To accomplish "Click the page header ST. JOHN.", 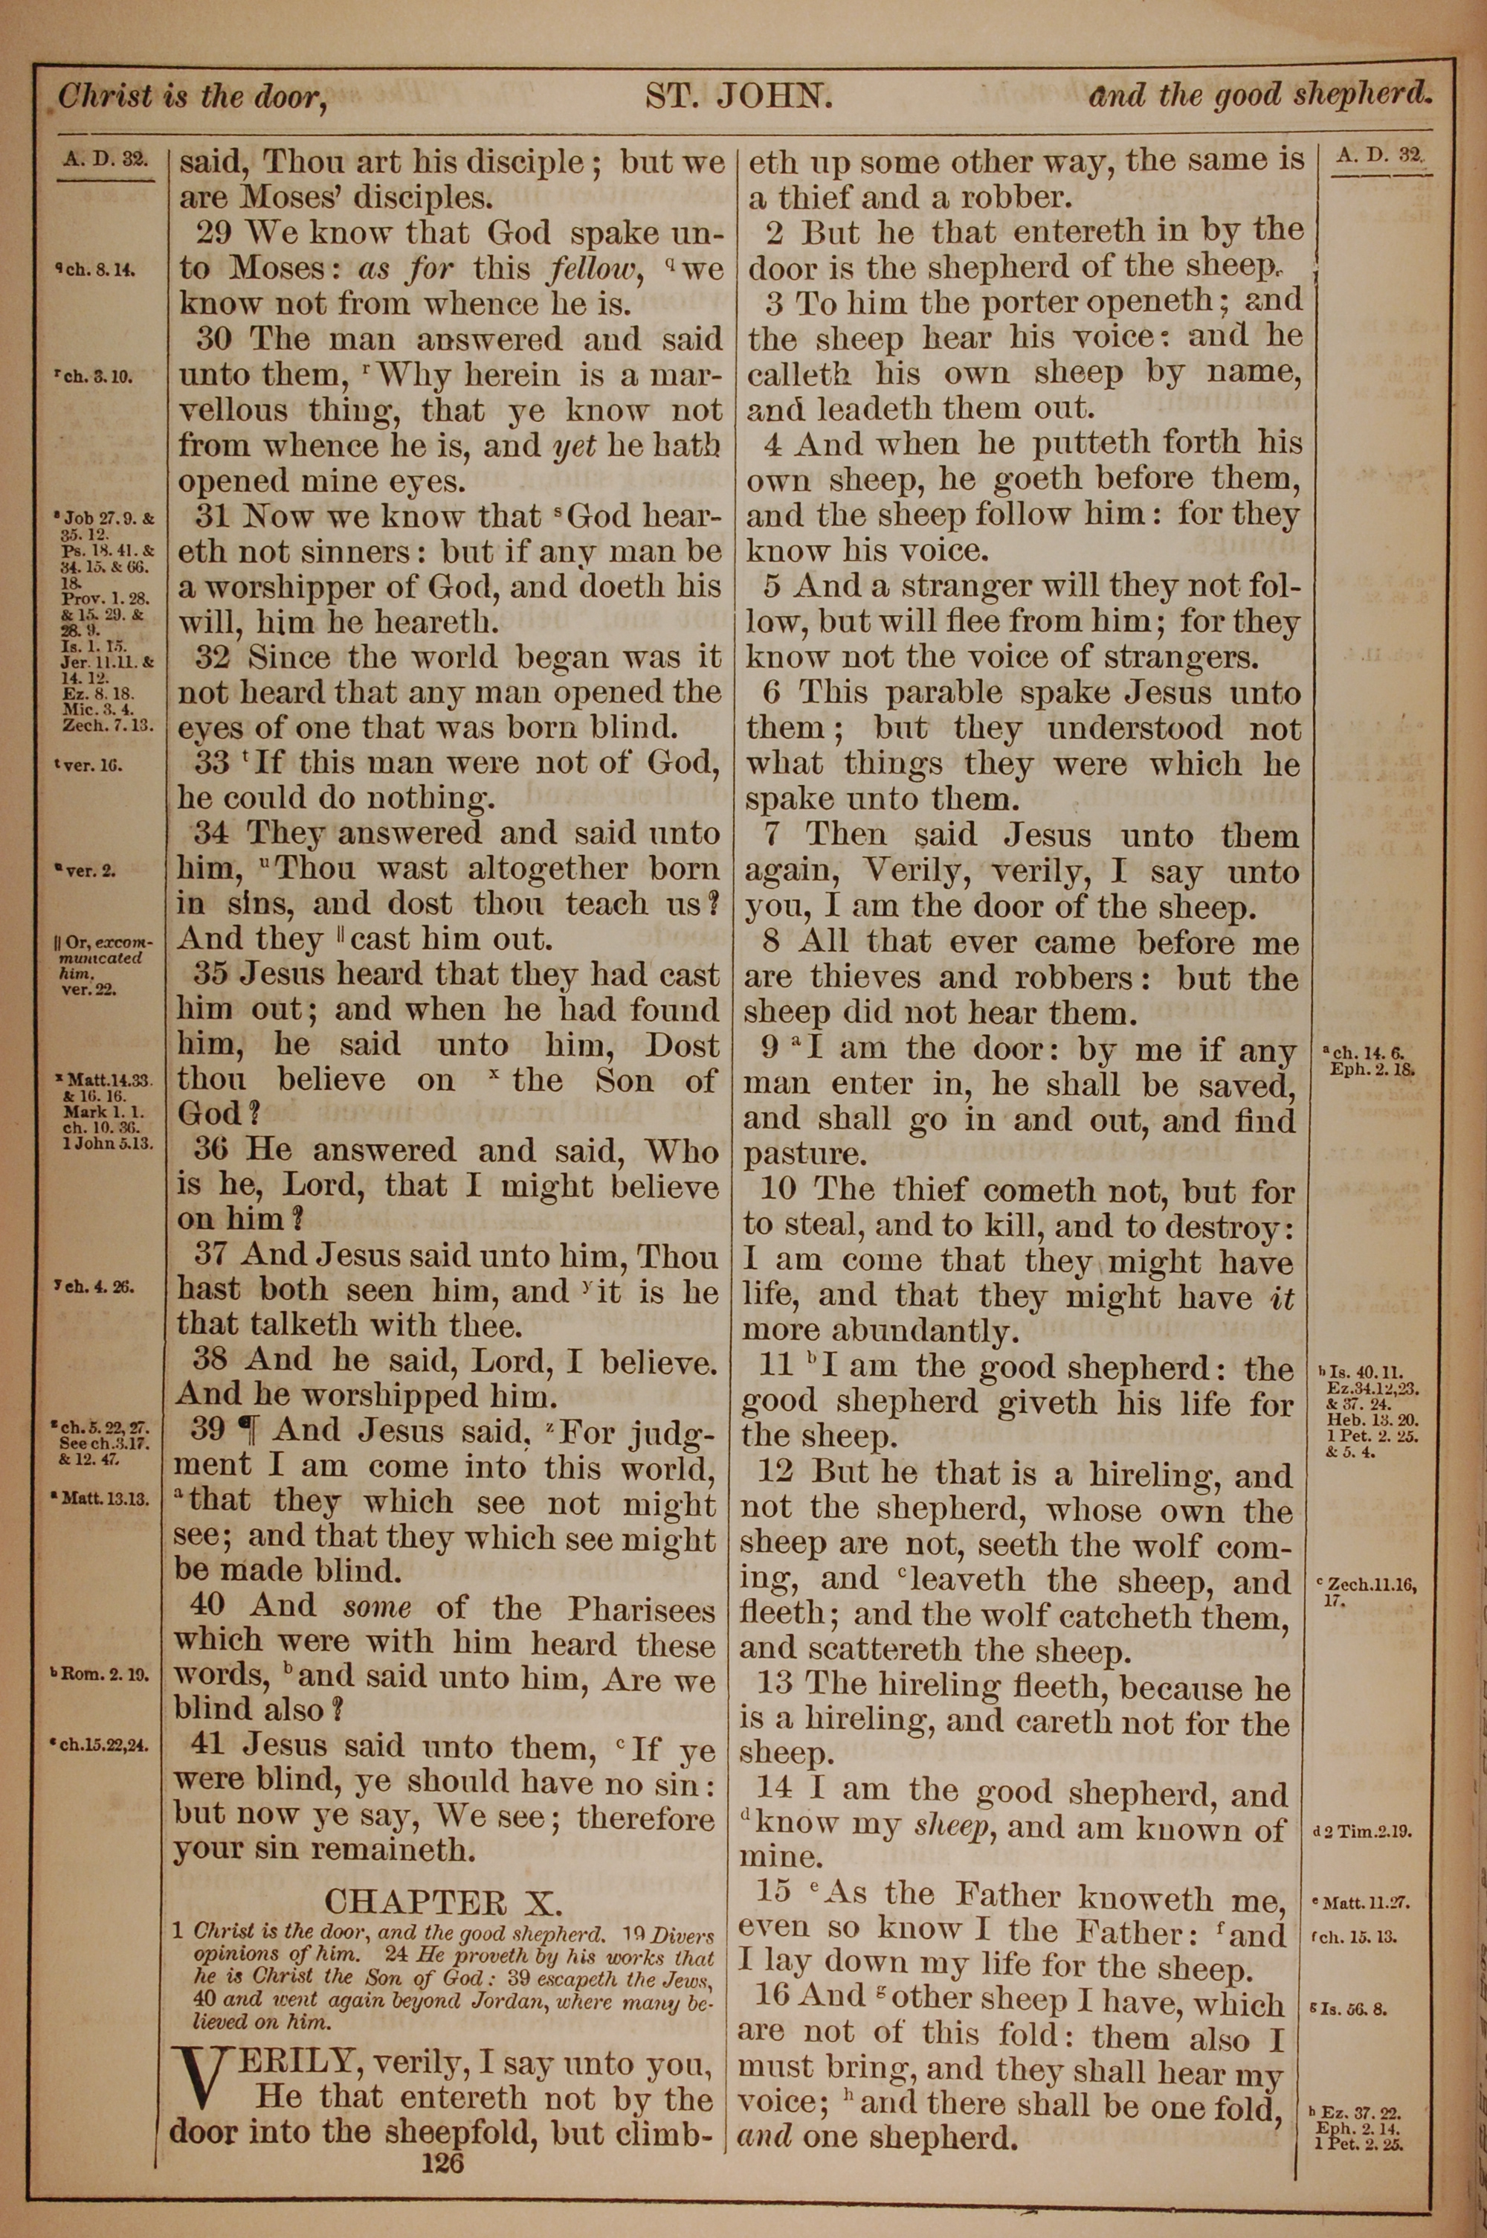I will click(739, 96).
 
